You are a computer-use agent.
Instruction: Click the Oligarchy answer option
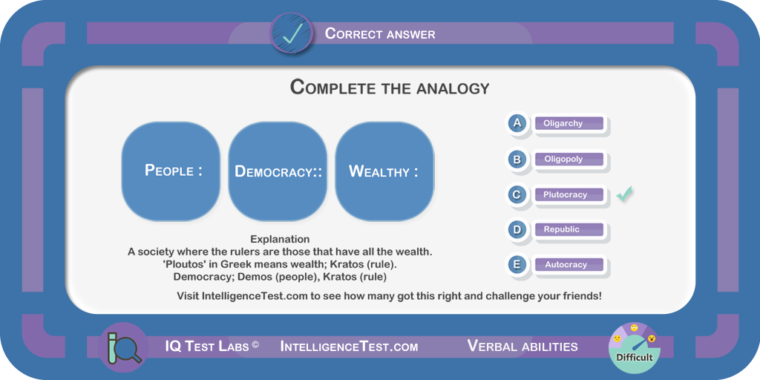coord(569,123)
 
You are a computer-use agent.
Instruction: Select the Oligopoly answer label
coord(569,159)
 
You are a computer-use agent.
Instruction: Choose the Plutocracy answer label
coord(569,195)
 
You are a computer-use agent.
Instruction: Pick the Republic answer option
coord(569,229)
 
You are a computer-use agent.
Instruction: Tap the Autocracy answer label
coord(569,265)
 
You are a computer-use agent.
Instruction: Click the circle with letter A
coord(517,123)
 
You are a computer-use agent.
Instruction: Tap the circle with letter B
coord(517,159)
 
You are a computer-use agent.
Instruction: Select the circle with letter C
coord(517,195)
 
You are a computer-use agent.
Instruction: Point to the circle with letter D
coord(517,229)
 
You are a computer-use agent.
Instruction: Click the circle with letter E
coord(517,265)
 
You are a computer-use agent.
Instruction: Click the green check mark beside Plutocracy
coord(625,194)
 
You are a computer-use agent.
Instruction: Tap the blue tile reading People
coord(171,171)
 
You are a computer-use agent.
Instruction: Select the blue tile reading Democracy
coord(278,171)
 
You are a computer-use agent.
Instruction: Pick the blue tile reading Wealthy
coord(384,171)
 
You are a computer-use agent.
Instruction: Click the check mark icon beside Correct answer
coord(292,33)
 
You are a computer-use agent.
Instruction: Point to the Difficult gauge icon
coord(634,347)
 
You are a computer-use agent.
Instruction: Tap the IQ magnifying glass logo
coord(122,347)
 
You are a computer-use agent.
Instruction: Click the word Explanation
coord(280,240)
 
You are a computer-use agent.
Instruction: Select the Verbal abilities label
coord(522,346)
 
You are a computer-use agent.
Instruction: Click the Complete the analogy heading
coord(390,88)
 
